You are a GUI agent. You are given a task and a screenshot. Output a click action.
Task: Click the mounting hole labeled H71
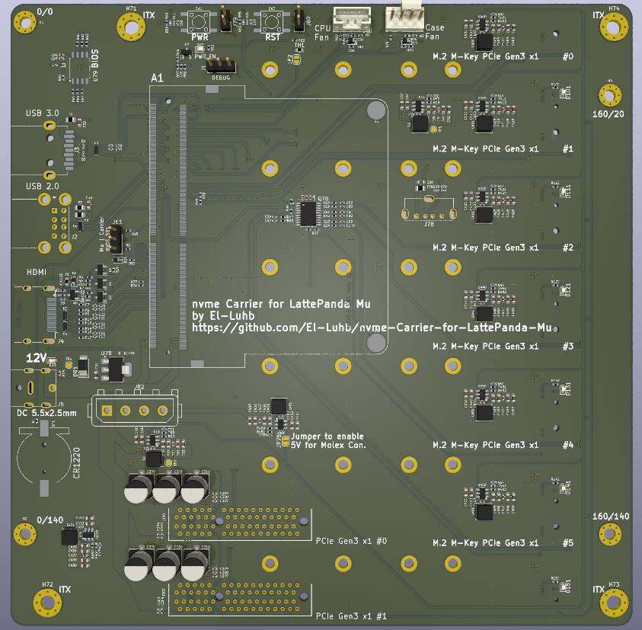coord(131,27)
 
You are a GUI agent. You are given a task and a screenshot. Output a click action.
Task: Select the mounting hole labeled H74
coord(613,27)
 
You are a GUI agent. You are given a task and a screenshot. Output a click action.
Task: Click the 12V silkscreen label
coord(37,357)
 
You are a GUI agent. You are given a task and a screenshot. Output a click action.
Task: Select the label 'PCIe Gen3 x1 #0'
coord(351,540)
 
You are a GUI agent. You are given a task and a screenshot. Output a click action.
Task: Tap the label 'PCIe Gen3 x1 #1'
coord(351,615)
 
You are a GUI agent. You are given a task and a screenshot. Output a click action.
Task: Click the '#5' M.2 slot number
coord(567,542)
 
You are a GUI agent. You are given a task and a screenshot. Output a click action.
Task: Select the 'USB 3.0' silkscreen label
coord(42,114)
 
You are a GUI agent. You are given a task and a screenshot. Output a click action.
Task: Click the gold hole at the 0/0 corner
coord(26,25)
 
